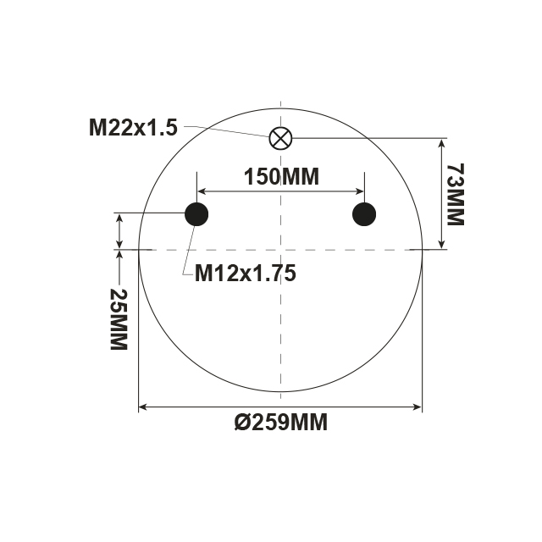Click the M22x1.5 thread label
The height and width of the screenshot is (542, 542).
pos(133,128)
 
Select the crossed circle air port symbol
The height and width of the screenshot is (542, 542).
pos(279,138)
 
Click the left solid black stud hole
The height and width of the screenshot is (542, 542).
pos(196,215)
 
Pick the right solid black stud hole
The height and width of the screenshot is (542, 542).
pos(364,215)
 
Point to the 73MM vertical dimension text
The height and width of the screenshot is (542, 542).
pos(455,195)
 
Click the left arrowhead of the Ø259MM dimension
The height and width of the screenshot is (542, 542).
pos(143,408)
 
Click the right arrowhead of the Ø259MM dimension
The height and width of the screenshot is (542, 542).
pos(417,408)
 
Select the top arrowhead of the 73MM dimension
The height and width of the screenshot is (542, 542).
pos(440,142)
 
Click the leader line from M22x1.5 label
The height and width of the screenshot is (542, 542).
pos(229,130)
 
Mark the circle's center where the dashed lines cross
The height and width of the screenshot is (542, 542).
pos(280,250)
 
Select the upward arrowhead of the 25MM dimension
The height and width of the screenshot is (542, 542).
pos(119,255)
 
